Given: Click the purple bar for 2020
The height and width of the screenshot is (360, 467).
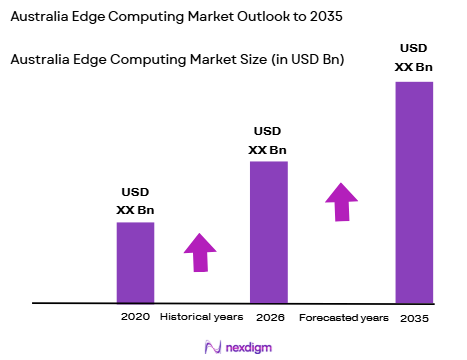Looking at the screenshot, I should coord(135,262).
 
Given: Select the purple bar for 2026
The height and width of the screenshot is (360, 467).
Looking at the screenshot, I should coord(268,231).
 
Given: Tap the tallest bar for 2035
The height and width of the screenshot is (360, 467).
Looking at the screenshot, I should coord(414,191).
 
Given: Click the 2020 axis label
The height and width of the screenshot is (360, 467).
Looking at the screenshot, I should coord(135,317).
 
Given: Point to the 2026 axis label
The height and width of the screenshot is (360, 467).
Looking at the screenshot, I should coord(267,317).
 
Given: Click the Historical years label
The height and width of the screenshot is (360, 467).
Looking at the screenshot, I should coord(201,317).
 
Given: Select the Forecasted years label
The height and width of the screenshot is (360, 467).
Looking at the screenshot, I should coord(343,317).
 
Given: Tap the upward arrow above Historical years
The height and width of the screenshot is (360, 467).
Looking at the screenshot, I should coord(200,252).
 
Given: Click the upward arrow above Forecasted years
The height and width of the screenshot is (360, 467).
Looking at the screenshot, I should coord(341,202).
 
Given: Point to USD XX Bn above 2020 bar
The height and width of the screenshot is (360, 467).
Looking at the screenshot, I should coord(136,202).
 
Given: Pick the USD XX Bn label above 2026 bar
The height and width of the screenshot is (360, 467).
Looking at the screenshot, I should coord(267,141).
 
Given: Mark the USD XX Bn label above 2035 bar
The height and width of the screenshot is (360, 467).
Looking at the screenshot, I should coord(413,56).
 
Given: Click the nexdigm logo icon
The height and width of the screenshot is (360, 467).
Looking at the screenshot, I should coord(212,345).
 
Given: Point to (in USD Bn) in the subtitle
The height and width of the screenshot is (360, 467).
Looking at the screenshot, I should coord(308,60).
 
